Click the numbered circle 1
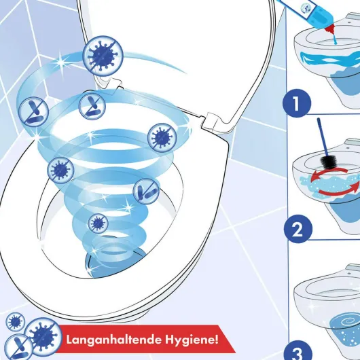tap(297, 103)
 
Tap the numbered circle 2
tap(298, 229)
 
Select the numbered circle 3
tap(298, 350)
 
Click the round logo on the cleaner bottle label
tap(305, 7)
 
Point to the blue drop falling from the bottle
tap(336, 39)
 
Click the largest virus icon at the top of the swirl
tap(103, 55)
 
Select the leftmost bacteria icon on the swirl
tap(33, 111)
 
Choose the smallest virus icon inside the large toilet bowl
tap(98, 223)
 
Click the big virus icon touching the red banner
tap(43, 336)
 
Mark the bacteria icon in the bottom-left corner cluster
tap(18, 347)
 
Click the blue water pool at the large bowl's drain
tap(115, 264)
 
